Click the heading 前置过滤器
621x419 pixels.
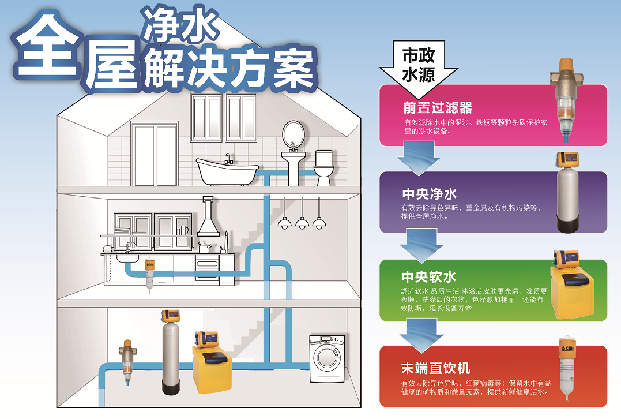coord(438,108)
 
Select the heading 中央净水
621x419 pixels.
coord(429,193)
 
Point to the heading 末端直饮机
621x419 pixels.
coord(435,368)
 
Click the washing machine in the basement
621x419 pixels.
coord(328,358)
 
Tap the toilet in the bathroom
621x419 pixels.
coord(324,168)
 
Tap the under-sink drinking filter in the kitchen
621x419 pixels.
coord(149,275)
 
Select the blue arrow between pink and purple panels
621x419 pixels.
coord(419,159)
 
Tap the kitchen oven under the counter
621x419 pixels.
coord(206,270)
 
